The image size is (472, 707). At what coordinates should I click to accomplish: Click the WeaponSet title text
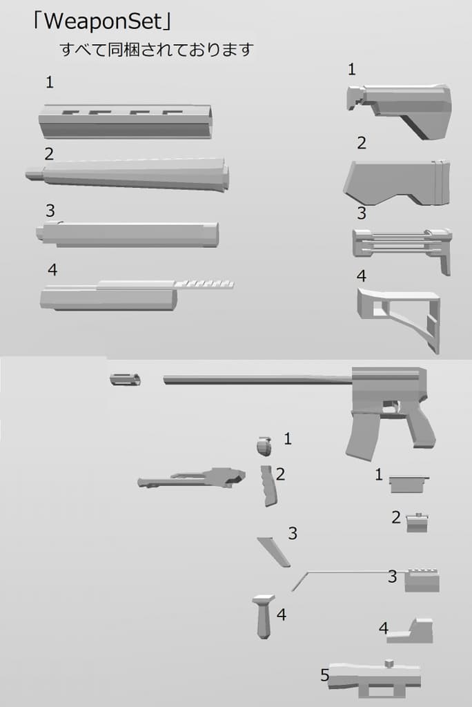102,21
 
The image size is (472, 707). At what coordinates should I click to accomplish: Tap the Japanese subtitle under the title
157,50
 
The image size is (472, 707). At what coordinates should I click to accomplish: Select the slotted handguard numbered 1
125,122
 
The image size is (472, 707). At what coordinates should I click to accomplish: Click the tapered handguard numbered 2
127,174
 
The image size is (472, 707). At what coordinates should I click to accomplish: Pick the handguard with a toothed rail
137,295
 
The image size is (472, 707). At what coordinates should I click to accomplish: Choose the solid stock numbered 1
399,110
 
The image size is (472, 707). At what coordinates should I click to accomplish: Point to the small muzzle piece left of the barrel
125,379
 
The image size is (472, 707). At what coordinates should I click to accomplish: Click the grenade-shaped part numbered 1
264,446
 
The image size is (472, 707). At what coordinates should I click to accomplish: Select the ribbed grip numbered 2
268,485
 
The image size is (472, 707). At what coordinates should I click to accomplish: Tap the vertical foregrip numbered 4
264,617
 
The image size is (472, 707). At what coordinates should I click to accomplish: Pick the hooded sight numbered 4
411,630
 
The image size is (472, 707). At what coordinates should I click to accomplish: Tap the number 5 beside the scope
325,675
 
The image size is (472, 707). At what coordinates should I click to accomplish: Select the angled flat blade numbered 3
274,552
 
